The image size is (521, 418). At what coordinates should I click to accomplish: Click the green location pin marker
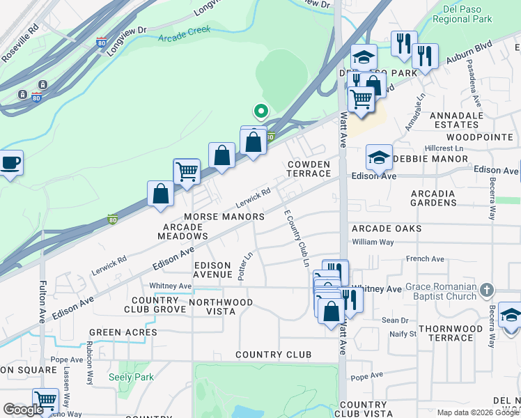(260, 111)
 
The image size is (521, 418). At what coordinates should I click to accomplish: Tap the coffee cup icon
(10, 163)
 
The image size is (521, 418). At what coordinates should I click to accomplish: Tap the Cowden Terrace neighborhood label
(309, 169)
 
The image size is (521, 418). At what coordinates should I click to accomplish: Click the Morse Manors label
(224, 217)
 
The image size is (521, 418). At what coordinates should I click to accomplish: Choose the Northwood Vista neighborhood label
(229, 307)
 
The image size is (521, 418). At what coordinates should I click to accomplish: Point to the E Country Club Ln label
(295, 238)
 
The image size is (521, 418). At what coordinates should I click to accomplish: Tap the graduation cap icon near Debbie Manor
(379, 157)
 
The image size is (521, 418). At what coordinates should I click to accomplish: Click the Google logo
(23, 410)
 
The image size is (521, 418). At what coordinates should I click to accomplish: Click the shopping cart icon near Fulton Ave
(45, 400)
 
